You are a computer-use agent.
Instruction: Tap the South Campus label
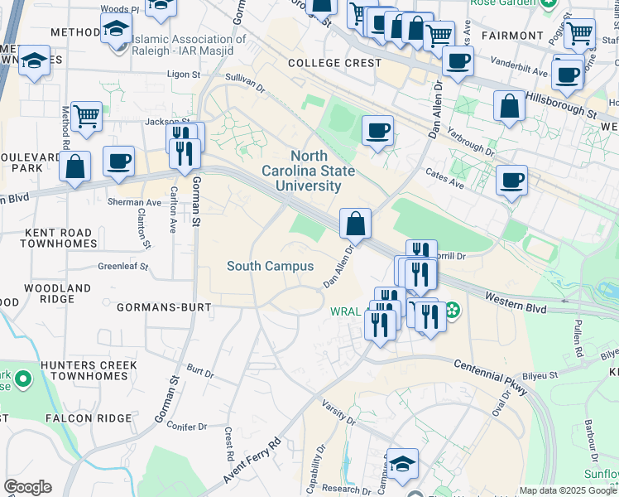[271, 266]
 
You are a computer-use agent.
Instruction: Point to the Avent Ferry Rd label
[252, 457]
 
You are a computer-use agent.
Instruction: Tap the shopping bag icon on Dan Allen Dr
[355, 224]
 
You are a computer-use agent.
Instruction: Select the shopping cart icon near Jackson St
[86, 117]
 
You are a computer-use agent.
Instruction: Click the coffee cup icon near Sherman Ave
[119, 160]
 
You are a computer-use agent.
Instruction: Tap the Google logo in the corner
[27, 487]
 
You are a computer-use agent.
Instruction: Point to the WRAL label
[344, 312]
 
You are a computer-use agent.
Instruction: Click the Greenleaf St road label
[122, 267]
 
